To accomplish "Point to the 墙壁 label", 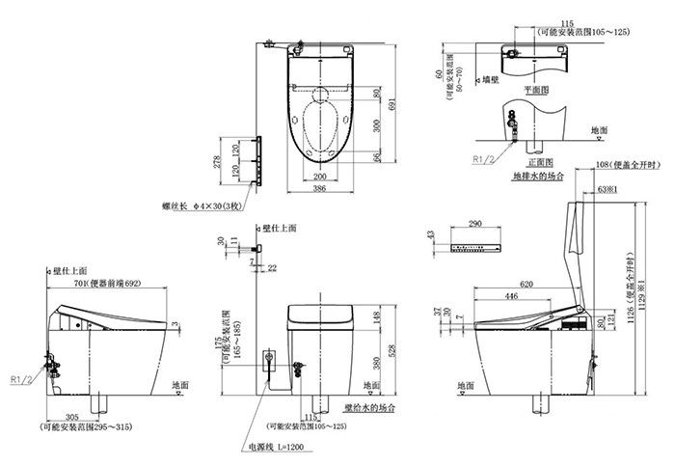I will pos(492,80).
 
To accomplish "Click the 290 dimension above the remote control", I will pos(475,224).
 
